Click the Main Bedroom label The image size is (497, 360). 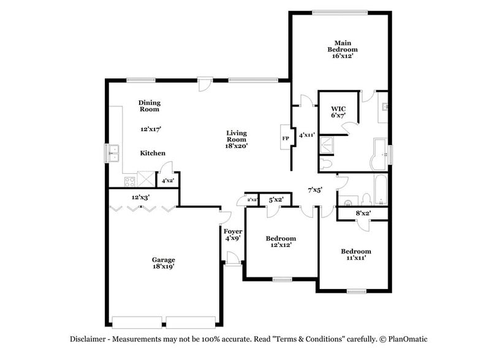click(341, 49)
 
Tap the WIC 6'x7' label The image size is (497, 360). click(338, 111)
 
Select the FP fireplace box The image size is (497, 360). click(286, 138)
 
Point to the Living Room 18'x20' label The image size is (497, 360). click(236, 140)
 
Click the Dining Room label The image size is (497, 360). click(149, 106)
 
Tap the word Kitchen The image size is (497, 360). click(153, 153)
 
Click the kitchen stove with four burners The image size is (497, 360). click(129, 181)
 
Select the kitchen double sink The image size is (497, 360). click(114, 152)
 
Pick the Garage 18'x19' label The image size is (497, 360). click(164, 263)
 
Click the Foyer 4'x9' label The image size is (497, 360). click(233, 234)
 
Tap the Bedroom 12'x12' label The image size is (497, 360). click(282, 241)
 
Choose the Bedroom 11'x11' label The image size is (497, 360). click(355, 255)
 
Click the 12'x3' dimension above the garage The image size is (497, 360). click(140, 197)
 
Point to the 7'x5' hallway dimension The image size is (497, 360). click(315, 190)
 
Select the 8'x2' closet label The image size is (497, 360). click(363, 213)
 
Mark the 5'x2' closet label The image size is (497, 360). click(275, 199)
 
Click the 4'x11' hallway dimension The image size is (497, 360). click(306, 135)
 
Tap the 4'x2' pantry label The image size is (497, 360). click(167, 181)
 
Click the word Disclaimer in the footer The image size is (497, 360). click(86, 339)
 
